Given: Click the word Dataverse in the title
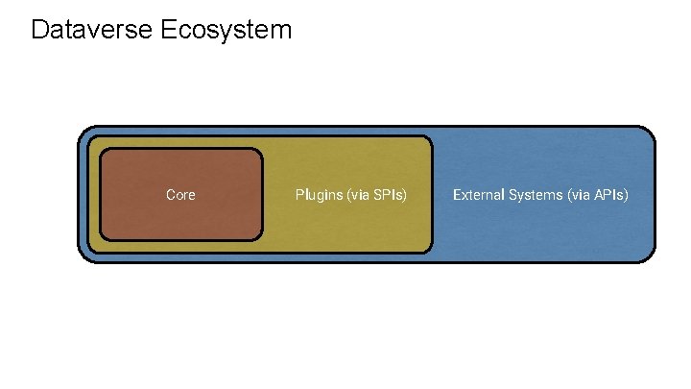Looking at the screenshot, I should point(90,30).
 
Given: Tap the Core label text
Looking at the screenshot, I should point(180,195).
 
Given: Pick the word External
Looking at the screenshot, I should point(480,195).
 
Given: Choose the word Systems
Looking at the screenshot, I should point(537,195).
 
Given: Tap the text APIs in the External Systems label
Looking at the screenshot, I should point(610,195).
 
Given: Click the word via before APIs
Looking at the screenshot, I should point(582,195).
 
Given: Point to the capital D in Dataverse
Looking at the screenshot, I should point(39,30).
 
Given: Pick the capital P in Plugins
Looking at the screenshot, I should point(299,195).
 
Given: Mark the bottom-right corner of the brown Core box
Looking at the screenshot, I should point(260,237).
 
